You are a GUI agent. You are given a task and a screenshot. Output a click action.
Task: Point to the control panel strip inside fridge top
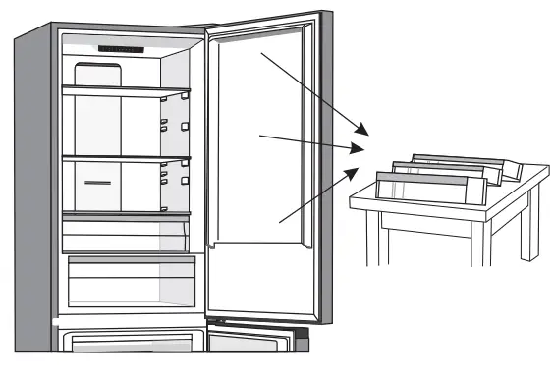[122, 48]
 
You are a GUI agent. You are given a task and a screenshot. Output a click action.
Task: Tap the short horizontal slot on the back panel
[98, 183]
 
